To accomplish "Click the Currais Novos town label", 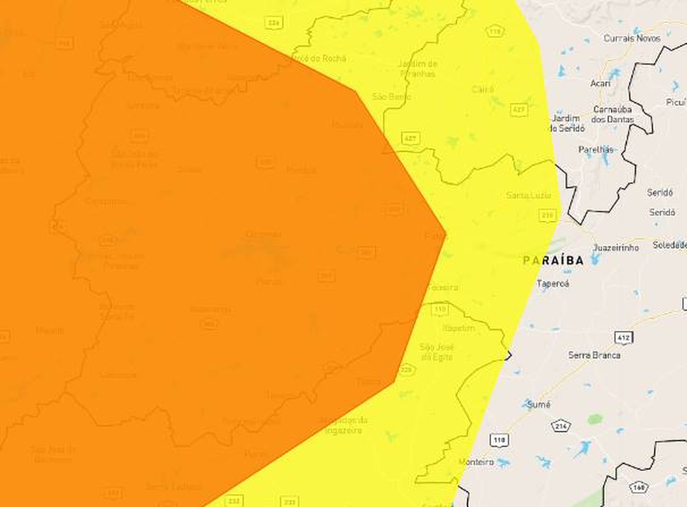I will click(631, 38).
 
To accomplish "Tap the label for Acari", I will click(600, 84).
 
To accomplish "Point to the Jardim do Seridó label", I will click(567, 123).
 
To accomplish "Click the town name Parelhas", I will click(596, 150).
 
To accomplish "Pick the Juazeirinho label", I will click(615, 247).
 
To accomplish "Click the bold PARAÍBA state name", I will click(553, 261).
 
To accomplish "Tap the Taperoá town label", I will click(553, 283).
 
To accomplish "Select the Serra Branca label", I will click(594, 355).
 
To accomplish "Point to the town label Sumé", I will click(538, 405).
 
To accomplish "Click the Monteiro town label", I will click(476, 462).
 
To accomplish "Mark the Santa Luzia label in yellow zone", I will click(528, 195).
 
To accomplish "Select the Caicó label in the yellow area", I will click(483, 89).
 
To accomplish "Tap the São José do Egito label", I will click(436, 352).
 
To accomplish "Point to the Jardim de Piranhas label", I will click(417, 69).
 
